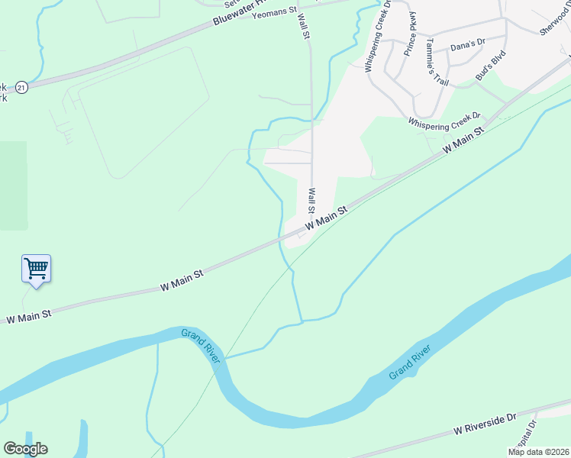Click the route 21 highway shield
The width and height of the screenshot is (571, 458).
[21, 88]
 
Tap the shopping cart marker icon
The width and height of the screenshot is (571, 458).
[36, 268]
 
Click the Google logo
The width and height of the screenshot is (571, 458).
[25, 449]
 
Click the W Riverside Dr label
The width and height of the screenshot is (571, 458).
[484, 424]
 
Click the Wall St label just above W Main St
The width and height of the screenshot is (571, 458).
[311, 202]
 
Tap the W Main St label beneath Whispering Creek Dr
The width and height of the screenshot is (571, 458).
[464, 143]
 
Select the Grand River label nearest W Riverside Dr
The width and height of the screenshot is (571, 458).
[410, 362]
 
